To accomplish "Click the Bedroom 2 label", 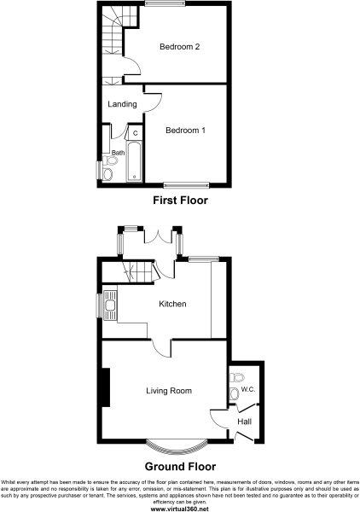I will pos(179,47).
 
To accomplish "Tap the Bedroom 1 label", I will pos(185,131).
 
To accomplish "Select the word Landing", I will pos(122,104).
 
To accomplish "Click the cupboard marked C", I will pos(135,133).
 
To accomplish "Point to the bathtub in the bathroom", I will pos(134,164).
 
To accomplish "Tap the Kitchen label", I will pos(172,304).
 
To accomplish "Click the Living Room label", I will pos(167,391).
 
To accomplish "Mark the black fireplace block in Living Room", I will pos(105,387).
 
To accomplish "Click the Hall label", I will pos(244,422).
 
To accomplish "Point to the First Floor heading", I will pos(180,201).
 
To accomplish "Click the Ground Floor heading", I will pos(180,467).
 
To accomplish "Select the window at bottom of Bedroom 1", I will pos(186,183).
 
